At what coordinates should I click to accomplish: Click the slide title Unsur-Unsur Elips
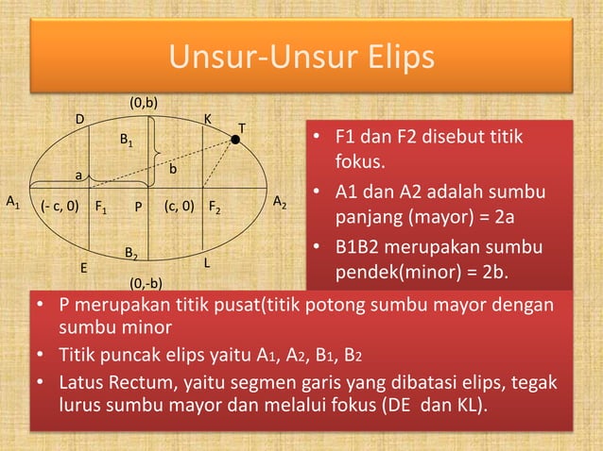pyautogui.click(x=301, y=58)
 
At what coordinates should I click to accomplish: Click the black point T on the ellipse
pyautogui.click(x=235, y=140)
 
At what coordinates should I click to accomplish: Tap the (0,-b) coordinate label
pyautogui.click(x=146, y=282)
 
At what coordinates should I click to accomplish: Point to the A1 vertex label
pyautogui.click(x=13, y=202)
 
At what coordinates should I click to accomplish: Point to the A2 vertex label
pyautogui.click(x=281, y=202)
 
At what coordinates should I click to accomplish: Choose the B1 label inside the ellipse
pyautogui.click(x=126, y=140)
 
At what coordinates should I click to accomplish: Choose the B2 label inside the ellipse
pyautogui.click(x=132, y=254)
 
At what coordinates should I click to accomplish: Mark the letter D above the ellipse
pyautogui.click(x=80, y=119)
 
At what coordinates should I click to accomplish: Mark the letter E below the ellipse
pyautogui.click(x=83, y=268)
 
